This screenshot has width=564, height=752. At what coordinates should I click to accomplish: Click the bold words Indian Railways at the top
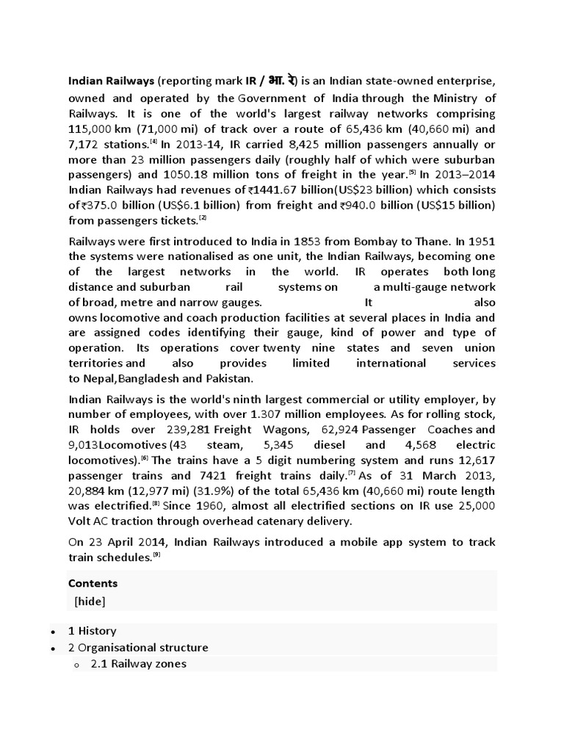(x=111, y=80)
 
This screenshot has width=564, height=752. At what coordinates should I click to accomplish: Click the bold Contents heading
(x=93, y=583)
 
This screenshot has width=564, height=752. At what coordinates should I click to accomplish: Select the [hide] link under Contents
(x=90, y=601)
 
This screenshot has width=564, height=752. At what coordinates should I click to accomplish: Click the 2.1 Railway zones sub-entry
(x=139, y=664)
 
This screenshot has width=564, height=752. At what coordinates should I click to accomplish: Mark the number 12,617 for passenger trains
(x=477, y=460)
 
